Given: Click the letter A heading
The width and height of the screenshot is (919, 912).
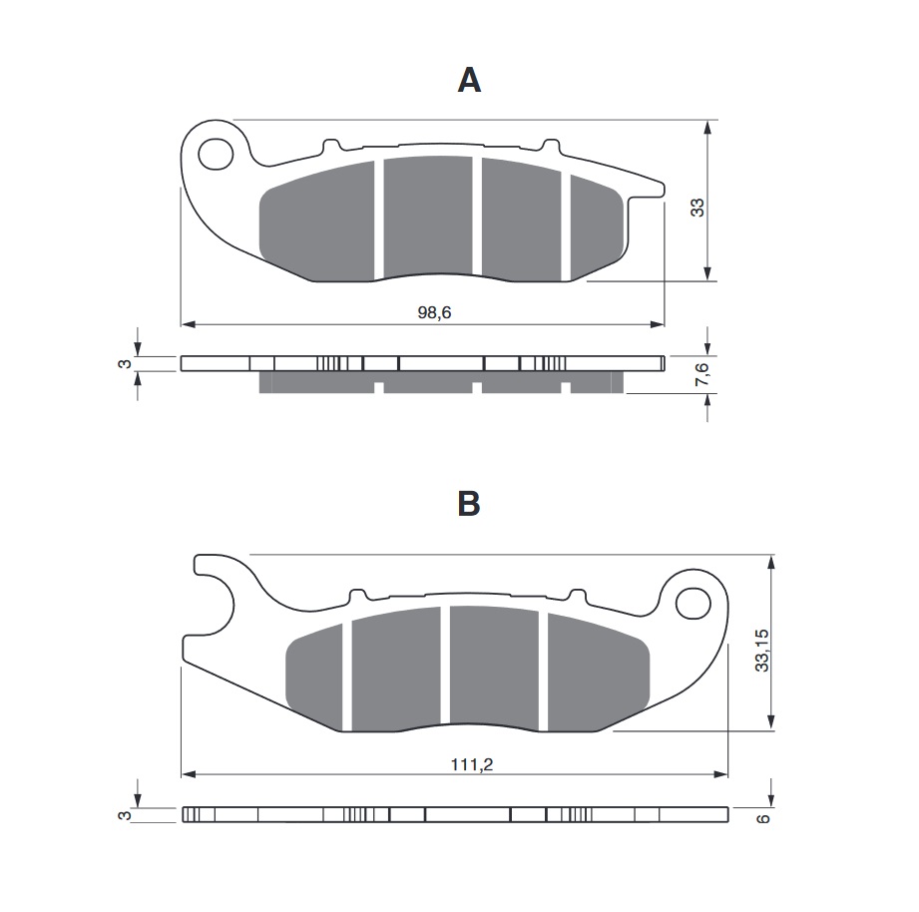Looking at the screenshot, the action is [x=469, y=80].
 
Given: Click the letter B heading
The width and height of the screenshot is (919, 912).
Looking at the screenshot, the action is [x=469, y=503].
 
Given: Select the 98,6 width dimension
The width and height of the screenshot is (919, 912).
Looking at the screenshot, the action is [x=434, y=312].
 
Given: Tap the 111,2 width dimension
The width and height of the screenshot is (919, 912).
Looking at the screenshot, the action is [x=472, y=764].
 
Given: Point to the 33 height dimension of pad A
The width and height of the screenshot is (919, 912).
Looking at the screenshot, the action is [x=697, y=207].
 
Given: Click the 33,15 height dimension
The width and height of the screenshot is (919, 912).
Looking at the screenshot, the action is [x=761, y=650].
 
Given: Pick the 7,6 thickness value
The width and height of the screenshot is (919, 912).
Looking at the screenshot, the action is [x=701, y=375].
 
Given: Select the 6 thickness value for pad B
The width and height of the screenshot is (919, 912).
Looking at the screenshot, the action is [x=762, y=818].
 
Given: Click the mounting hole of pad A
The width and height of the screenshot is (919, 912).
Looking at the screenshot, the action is [x=217, y=155].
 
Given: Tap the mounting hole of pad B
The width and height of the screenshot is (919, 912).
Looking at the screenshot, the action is [x=693, y=603].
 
